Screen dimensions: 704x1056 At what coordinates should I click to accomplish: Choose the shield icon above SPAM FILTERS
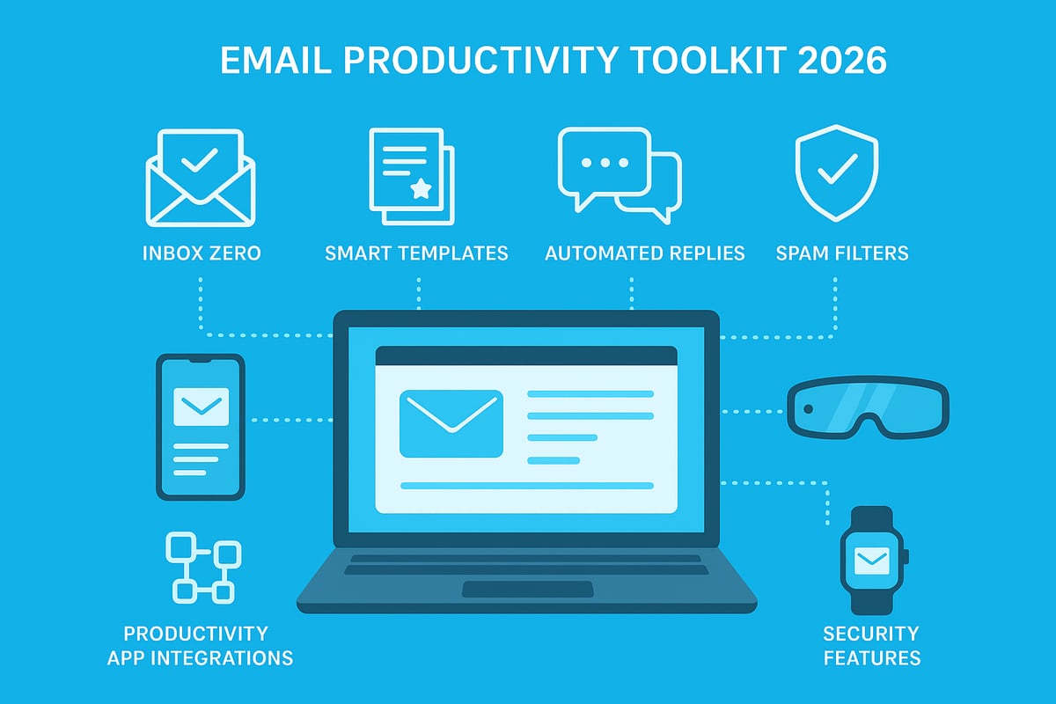point(836,169)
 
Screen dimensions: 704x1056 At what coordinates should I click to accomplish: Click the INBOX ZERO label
point(202,253)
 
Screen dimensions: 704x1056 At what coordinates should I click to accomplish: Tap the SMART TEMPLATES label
point(416,253)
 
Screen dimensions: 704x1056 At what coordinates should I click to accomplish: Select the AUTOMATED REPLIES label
point(645,253)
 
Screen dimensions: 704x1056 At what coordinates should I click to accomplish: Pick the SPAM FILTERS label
point(842,253)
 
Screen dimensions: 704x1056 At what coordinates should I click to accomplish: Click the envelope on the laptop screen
point(451,423)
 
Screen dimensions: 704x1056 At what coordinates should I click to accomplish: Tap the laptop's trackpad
point(527,589)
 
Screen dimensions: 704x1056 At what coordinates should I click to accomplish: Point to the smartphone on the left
point(200,426)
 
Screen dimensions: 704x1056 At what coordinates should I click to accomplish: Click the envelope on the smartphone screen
point(201,407)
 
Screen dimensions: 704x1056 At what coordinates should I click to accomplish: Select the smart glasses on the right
point(868,407)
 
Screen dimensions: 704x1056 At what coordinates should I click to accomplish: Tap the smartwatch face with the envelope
point(871,558)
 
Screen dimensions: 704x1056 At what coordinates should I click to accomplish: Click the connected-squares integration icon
point(202,568)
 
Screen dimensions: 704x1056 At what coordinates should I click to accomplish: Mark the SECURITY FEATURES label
point(871,645)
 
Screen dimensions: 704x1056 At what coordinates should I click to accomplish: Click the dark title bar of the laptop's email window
point(526,356)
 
